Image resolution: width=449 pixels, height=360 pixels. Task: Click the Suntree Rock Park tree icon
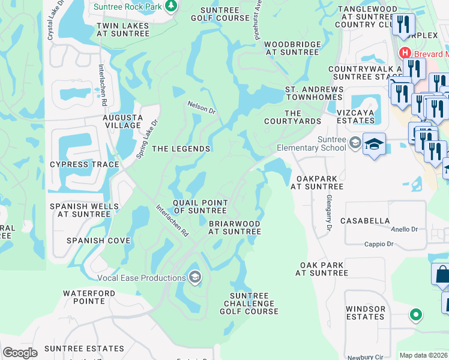point(172,6)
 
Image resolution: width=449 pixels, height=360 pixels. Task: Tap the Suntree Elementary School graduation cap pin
point(374,144)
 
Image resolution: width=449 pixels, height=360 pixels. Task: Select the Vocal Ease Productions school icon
point(194,277)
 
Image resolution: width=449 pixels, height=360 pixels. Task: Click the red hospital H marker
point(405,52)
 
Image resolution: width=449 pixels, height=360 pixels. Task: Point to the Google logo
point(20,353)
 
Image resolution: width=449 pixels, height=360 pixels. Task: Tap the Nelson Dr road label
point(200,107)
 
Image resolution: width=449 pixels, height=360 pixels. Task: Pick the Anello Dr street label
point(405,229)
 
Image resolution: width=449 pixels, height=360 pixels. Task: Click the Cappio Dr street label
point(378,244)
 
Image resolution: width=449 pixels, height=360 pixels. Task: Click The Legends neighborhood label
point(181,149)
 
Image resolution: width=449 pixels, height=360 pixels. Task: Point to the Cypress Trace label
point(76,164)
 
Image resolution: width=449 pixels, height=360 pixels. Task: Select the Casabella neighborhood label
point(365,221)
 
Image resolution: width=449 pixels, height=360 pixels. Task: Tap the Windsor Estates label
point(366,313)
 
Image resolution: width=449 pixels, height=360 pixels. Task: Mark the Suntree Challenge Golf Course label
point(249,304)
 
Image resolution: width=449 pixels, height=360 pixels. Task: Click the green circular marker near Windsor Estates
point(415,314)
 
